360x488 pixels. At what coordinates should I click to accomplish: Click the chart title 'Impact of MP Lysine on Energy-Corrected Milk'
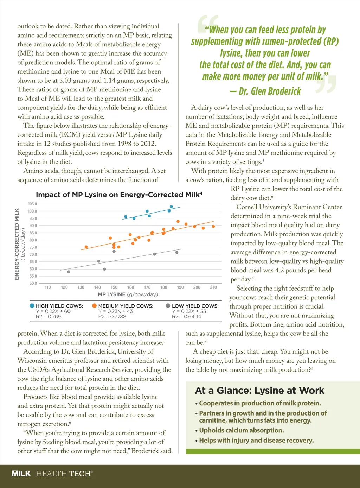point(119,195)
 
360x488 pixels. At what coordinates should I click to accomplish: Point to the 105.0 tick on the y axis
point(32,204)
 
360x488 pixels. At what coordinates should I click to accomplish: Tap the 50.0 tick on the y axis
point(33,283)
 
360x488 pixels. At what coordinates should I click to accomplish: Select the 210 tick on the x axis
point(213,287)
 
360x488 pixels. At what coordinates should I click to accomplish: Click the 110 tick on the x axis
point(48,287)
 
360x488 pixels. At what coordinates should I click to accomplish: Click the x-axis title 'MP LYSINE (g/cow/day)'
point(128,294)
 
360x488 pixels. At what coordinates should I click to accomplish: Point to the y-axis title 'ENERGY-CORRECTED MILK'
point(17,244)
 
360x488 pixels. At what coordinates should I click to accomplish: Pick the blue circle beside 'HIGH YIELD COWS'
point(32,306)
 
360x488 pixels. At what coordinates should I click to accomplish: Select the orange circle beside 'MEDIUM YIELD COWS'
point(94,306)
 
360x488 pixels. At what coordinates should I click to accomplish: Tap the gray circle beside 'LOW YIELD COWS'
point(168,306)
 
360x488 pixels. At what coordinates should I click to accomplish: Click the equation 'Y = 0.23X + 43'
point(116,311)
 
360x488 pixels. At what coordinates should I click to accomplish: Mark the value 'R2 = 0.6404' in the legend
point(186,317)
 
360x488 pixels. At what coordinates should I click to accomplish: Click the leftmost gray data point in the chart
point(69,272)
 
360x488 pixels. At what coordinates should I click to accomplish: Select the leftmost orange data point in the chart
point(86,247)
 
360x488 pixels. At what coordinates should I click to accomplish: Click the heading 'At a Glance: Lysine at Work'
point(259,391)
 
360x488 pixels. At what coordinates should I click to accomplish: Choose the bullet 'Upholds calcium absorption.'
point(241,430)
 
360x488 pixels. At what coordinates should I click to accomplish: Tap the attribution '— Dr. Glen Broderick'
point(265,91)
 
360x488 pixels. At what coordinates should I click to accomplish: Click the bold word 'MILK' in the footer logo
point(21,474)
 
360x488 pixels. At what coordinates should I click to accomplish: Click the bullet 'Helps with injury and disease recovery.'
point(256,440)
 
